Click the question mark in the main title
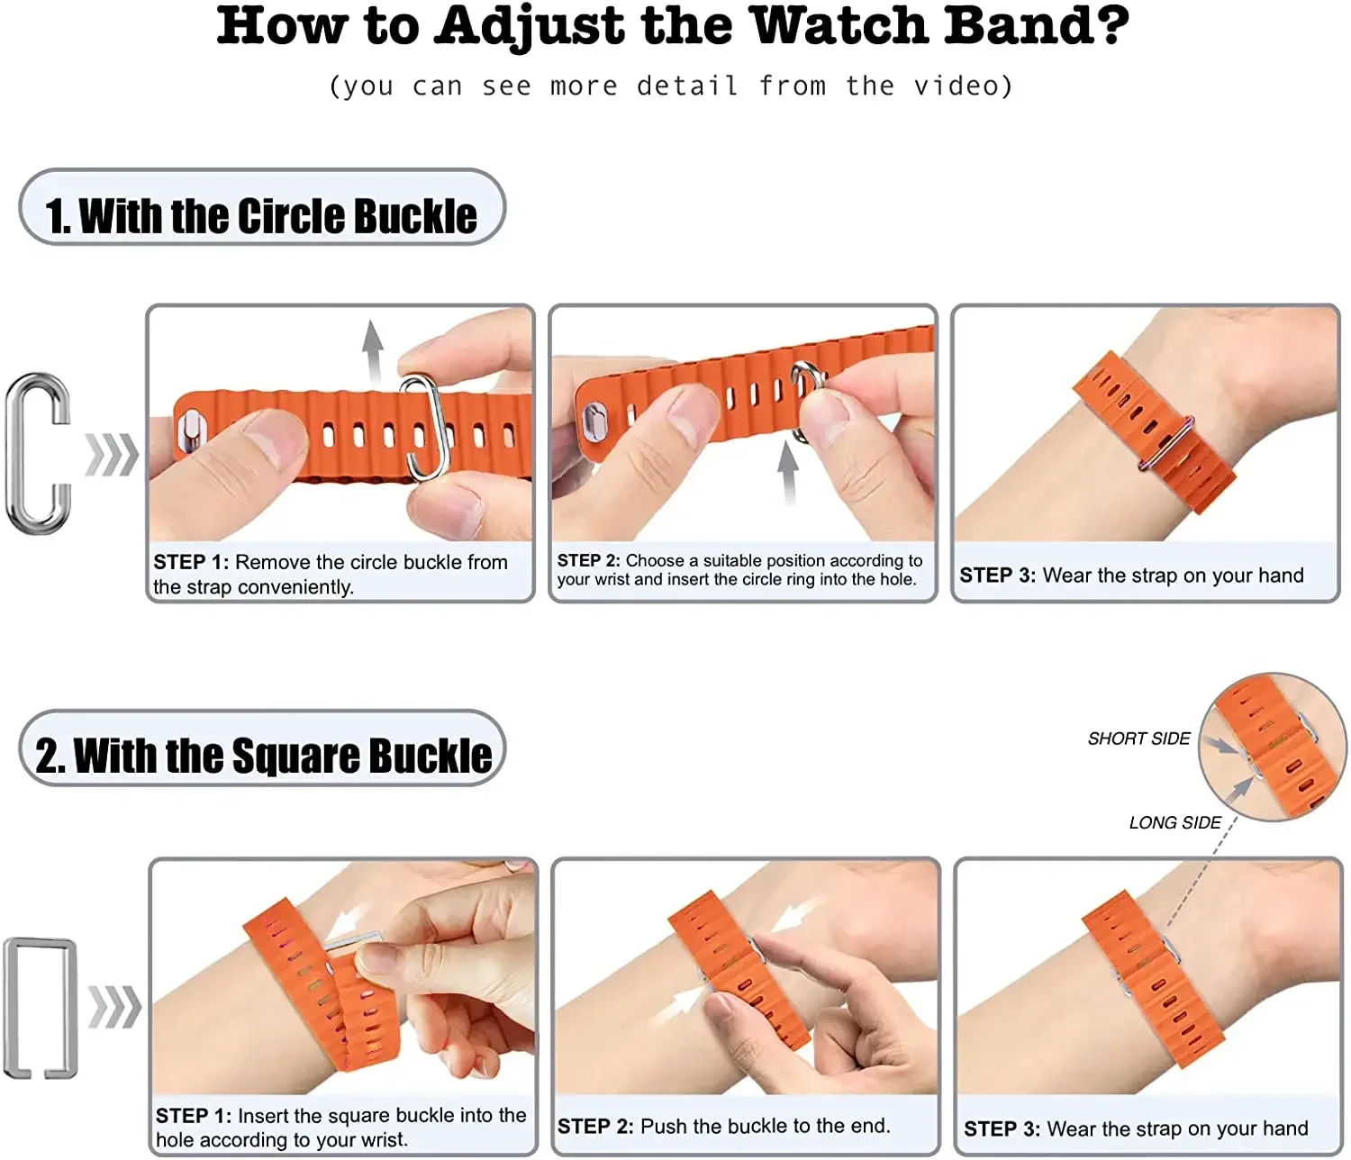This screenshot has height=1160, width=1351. pos(1113,25)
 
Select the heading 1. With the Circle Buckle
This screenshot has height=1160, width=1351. pos(261,215)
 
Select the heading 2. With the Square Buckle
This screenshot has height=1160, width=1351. pos(263,755)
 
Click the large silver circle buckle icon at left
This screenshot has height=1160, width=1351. pos(39,453)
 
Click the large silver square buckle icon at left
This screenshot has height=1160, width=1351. pos(41,1007)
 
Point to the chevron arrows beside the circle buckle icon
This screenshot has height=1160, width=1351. pos(112,454)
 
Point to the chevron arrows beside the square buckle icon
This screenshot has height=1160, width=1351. pos(114,1007)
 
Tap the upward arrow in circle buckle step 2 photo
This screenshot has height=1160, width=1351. pos(789,471)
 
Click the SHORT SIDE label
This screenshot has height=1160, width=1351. pos(1138,739)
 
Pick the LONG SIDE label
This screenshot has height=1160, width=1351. pos(1174,822)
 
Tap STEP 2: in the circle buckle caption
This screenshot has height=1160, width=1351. pos(588,561)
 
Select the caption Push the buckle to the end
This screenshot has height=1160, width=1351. pos(765,1126)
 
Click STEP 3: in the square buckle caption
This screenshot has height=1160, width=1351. pos(1002,1128)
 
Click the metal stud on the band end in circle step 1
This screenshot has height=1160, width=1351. pos(191,429)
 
